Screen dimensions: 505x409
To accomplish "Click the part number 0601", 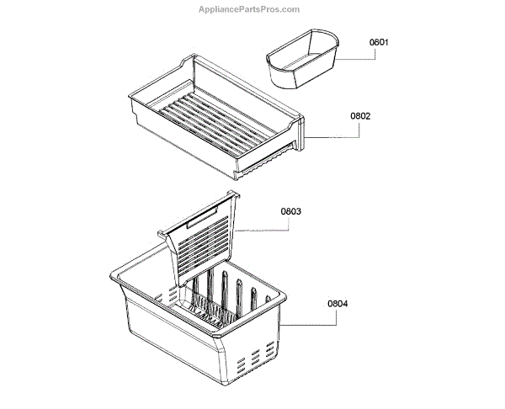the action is coord(380,42).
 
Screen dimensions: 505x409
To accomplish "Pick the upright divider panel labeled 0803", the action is coord(206,240).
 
